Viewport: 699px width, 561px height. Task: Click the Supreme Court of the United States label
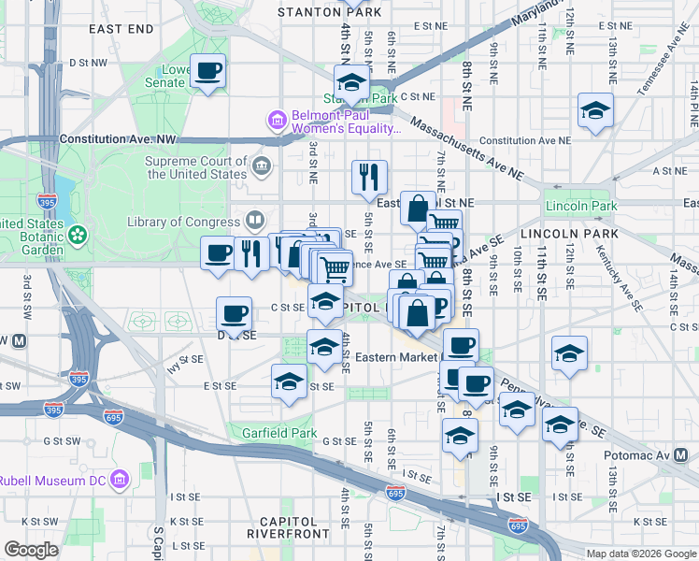(195, 167)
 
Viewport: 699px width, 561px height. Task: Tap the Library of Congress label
(185, 222)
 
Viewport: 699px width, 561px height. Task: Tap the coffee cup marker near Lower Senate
(208, 71)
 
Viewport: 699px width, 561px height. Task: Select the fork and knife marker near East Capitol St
(369, 175)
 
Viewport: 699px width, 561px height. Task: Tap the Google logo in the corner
(30, 550)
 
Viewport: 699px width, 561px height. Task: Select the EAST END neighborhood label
(121, 30)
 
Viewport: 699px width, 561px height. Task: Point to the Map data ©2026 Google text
(640, 554)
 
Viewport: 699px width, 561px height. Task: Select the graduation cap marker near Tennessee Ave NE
(595, 111)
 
